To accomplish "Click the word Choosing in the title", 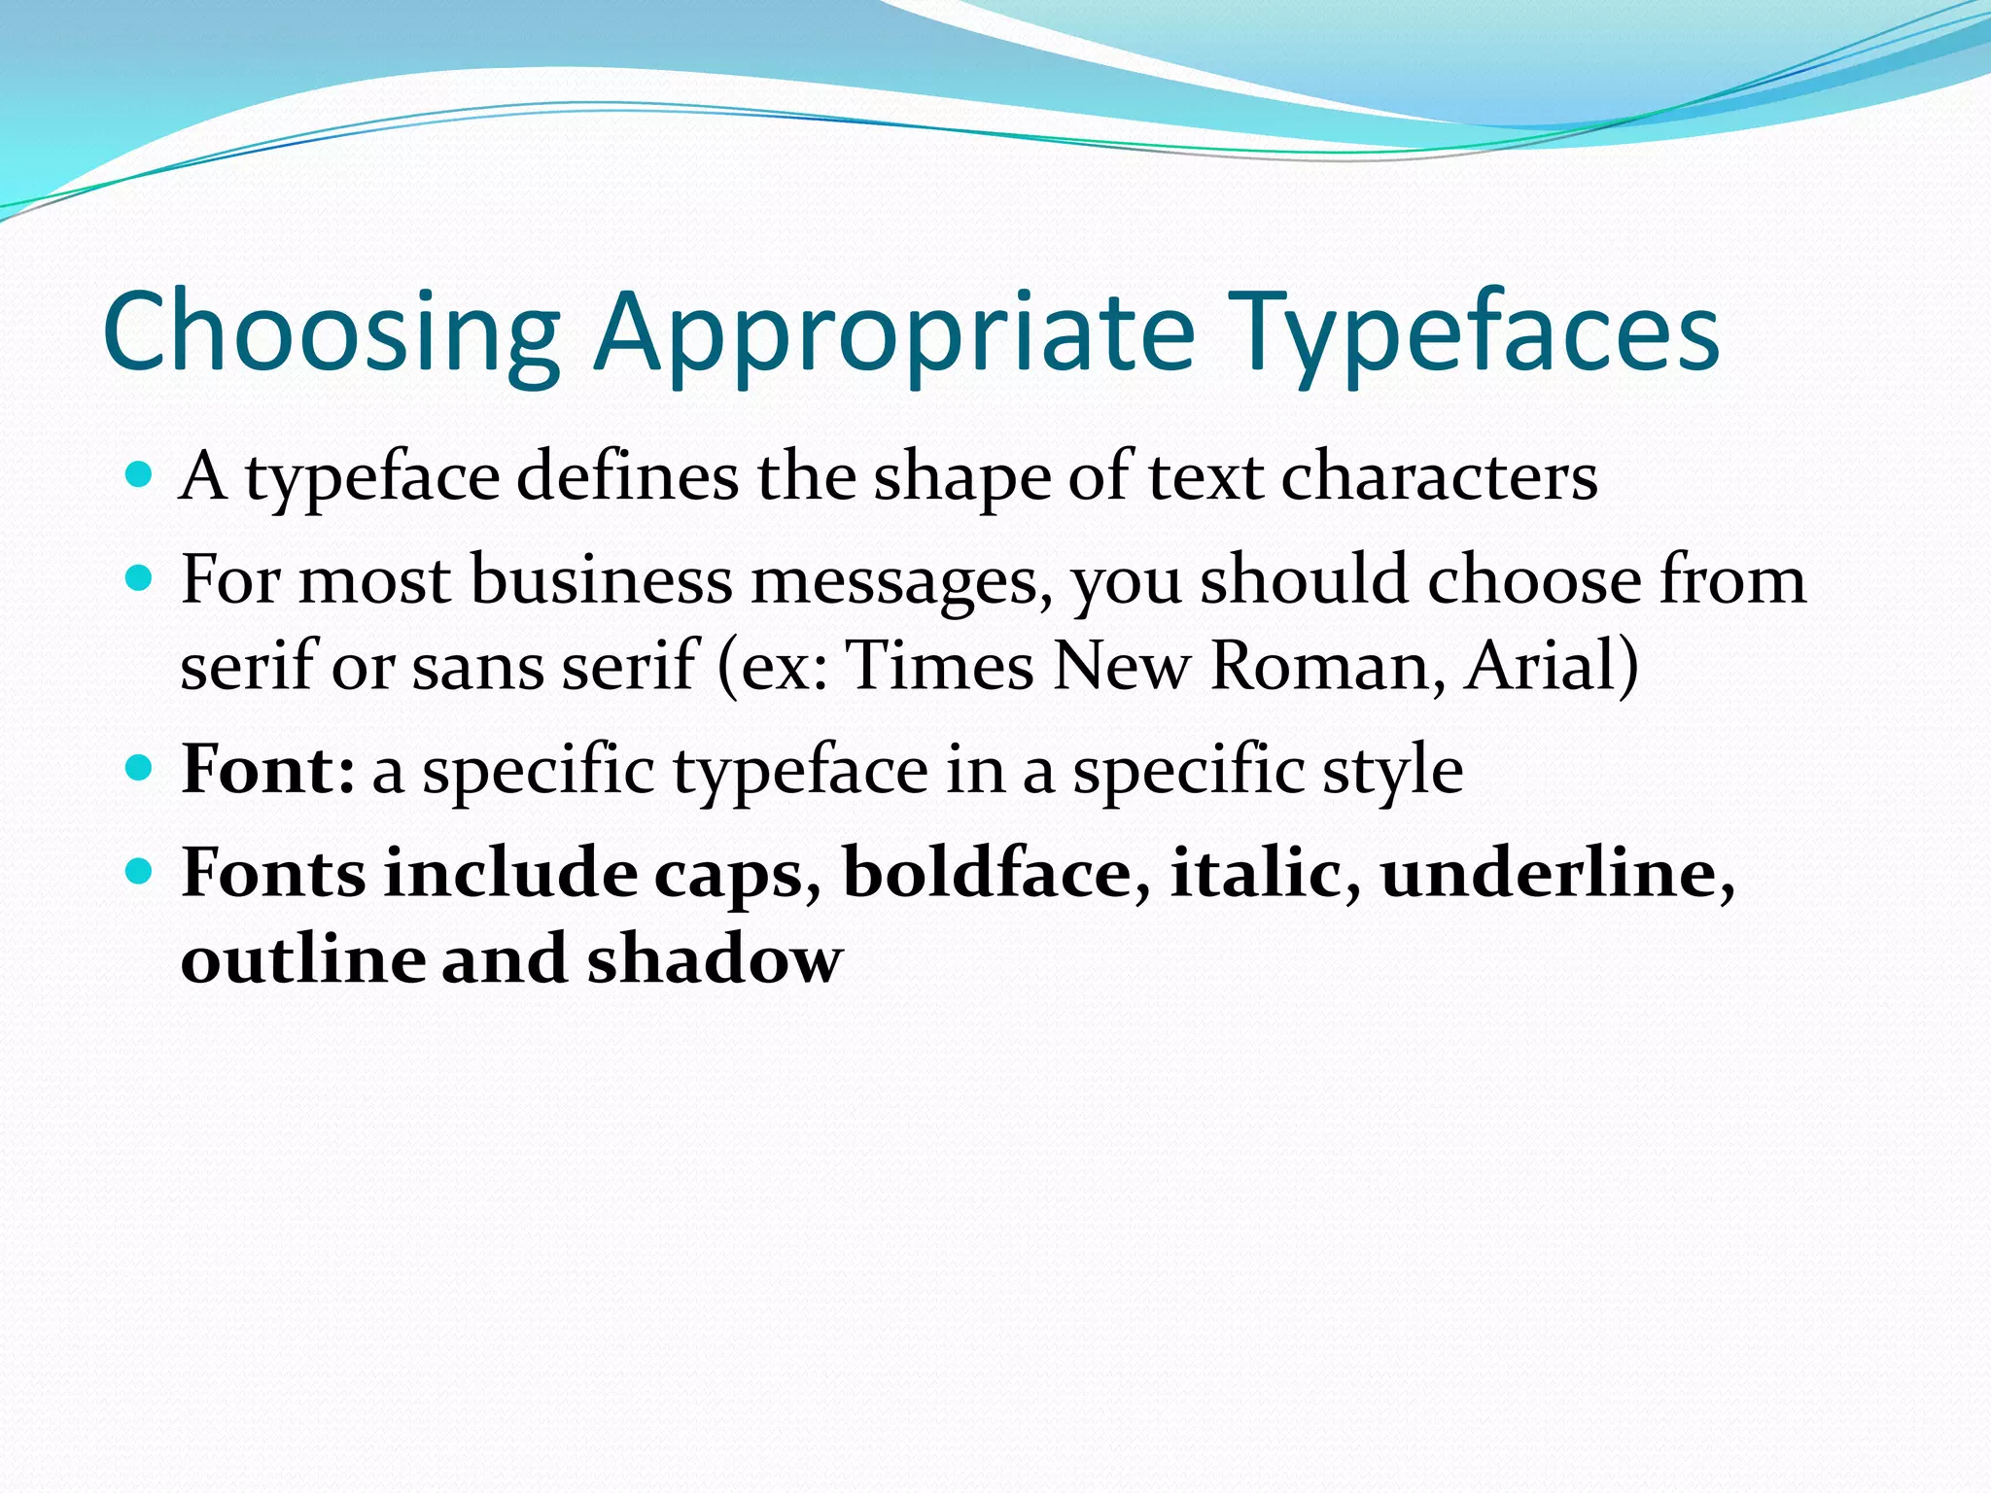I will pos(331,332).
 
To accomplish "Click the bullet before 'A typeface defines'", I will pos(140,475).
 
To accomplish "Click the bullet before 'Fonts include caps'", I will pos(140,872).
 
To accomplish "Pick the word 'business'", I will pos(601,580).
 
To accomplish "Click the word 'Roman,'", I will pos(1328,668).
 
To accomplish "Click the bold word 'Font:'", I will pos(268,770).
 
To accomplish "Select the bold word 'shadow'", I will pos(715,959).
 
